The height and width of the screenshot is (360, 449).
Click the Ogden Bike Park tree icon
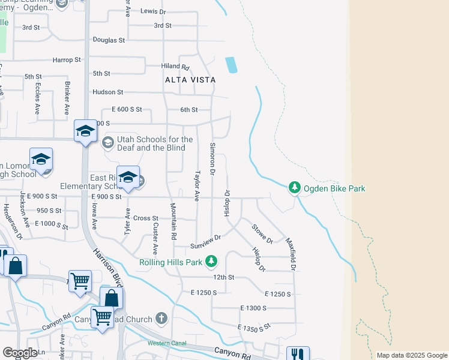(x=294, y=188)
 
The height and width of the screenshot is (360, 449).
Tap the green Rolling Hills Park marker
(x=211, y=262)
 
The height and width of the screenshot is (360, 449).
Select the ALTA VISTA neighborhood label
(x=190, y=79)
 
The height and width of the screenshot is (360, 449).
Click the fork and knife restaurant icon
(x=297, y=354)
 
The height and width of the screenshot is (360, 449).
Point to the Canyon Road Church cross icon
(x=161, y=318)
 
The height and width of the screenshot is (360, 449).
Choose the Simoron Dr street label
(x=212, y=159)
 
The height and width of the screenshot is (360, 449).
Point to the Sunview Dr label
(x=206, y=242)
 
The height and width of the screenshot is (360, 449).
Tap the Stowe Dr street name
(x=262, y=233)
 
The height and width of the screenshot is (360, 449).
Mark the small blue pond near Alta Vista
(x=231, y=65)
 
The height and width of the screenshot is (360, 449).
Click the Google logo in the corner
(x=20, y=353)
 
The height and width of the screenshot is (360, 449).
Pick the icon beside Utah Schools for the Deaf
(x=107, y=143)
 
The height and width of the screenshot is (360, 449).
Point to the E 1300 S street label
(x=253, y=308)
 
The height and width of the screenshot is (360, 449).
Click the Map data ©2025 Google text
(x=411, y=355)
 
